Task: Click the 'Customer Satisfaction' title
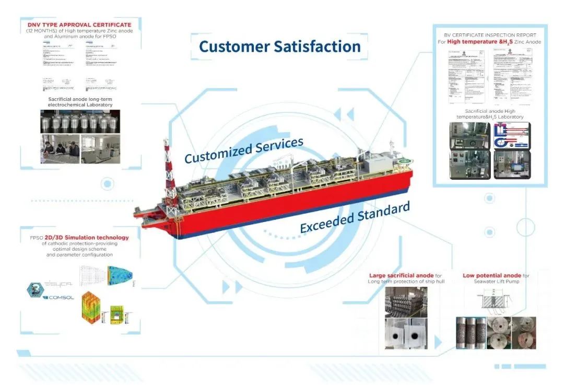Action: [x=279, y=46]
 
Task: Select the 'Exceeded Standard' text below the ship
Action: [x=355, y=217]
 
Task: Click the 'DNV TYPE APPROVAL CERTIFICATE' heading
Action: [x=79, y=25]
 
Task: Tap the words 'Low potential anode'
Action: [x=491, y=275]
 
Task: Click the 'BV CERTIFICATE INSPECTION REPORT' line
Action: [x=490, y=35]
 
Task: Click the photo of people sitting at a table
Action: [x=60, y=149]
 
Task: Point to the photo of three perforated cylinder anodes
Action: [x=470, y=332]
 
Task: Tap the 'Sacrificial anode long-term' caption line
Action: [x=80, y=99]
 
